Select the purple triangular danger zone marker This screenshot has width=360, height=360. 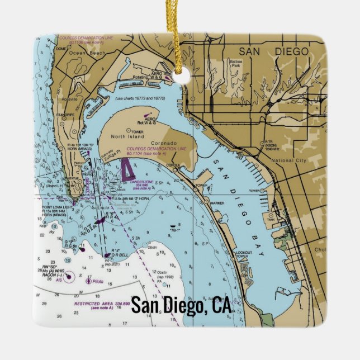pos(127,170)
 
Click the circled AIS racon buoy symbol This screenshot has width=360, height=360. pos(69,276)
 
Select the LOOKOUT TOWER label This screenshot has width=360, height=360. pos(244,255)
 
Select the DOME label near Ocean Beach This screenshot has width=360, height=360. pos(61,49)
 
